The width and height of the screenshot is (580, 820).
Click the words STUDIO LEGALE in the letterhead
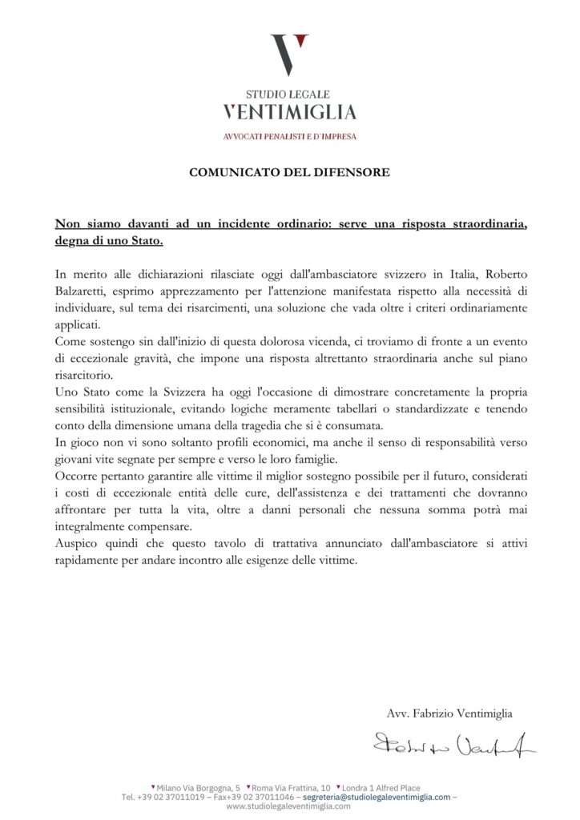point(288,94)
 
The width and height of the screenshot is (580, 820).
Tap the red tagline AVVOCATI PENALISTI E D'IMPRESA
point(289,136)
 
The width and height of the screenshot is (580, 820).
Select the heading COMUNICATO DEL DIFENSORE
point(289,171)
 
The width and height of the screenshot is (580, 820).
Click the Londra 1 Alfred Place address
point(381,788)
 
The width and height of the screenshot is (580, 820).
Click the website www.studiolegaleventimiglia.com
point(288,806)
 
